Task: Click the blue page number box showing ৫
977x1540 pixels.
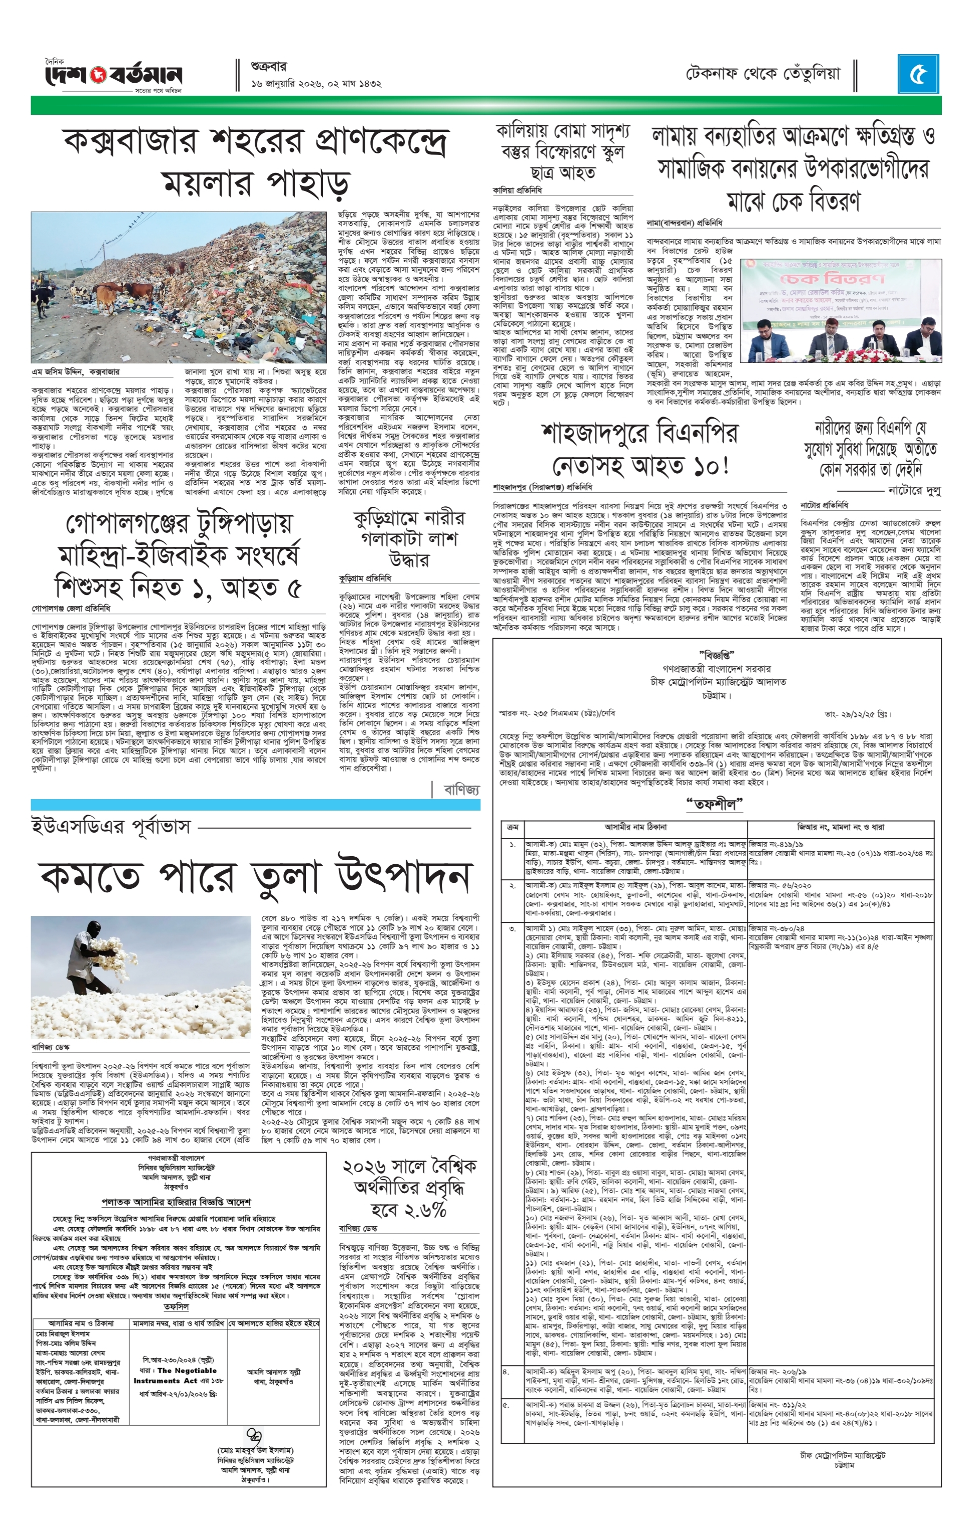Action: (918, 75)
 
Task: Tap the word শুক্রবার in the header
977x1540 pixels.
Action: (269, 66)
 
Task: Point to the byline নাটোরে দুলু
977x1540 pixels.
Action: (914, 490)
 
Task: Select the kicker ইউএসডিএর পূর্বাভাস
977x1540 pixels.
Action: (111, 826)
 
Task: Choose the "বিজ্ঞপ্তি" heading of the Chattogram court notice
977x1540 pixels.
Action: (717, 655)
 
